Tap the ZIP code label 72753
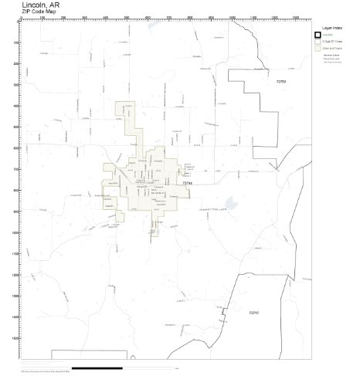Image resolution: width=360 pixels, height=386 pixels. pyautogui.click(x=280, y=80)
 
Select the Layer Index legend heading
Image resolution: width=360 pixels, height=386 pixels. pyautogui.click(x=324, y=27)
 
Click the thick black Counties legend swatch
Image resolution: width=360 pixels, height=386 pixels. pyautogui.click(x=318, y=36)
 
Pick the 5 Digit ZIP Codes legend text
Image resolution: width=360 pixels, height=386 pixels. pyautogui.click(x=333, y=42)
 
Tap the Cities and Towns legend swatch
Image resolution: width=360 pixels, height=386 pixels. pyautogui.click(x=318, y=48)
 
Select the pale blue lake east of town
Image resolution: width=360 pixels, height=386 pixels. pyautogui.click(x=229, y=205)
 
